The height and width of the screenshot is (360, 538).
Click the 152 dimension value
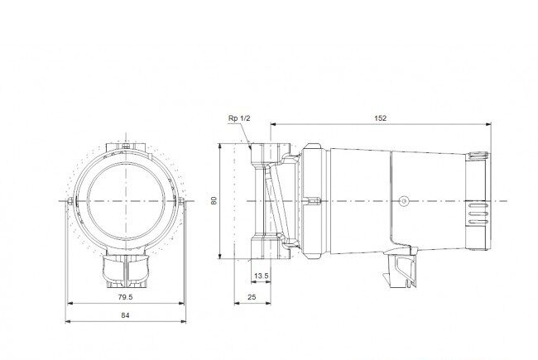(380, 118)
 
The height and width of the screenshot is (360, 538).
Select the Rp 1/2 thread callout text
(239, 118)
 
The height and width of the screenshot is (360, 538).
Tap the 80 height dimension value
(214, 201)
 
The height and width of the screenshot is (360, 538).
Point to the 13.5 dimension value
(262, 276)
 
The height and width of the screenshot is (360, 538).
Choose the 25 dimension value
(252, 297)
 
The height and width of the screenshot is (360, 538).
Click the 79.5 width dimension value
(125, 297)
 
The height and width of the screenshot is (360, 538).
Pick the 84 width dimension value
(126, 315)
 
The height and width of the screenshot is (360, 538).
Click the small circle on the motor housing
(404, 201)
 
